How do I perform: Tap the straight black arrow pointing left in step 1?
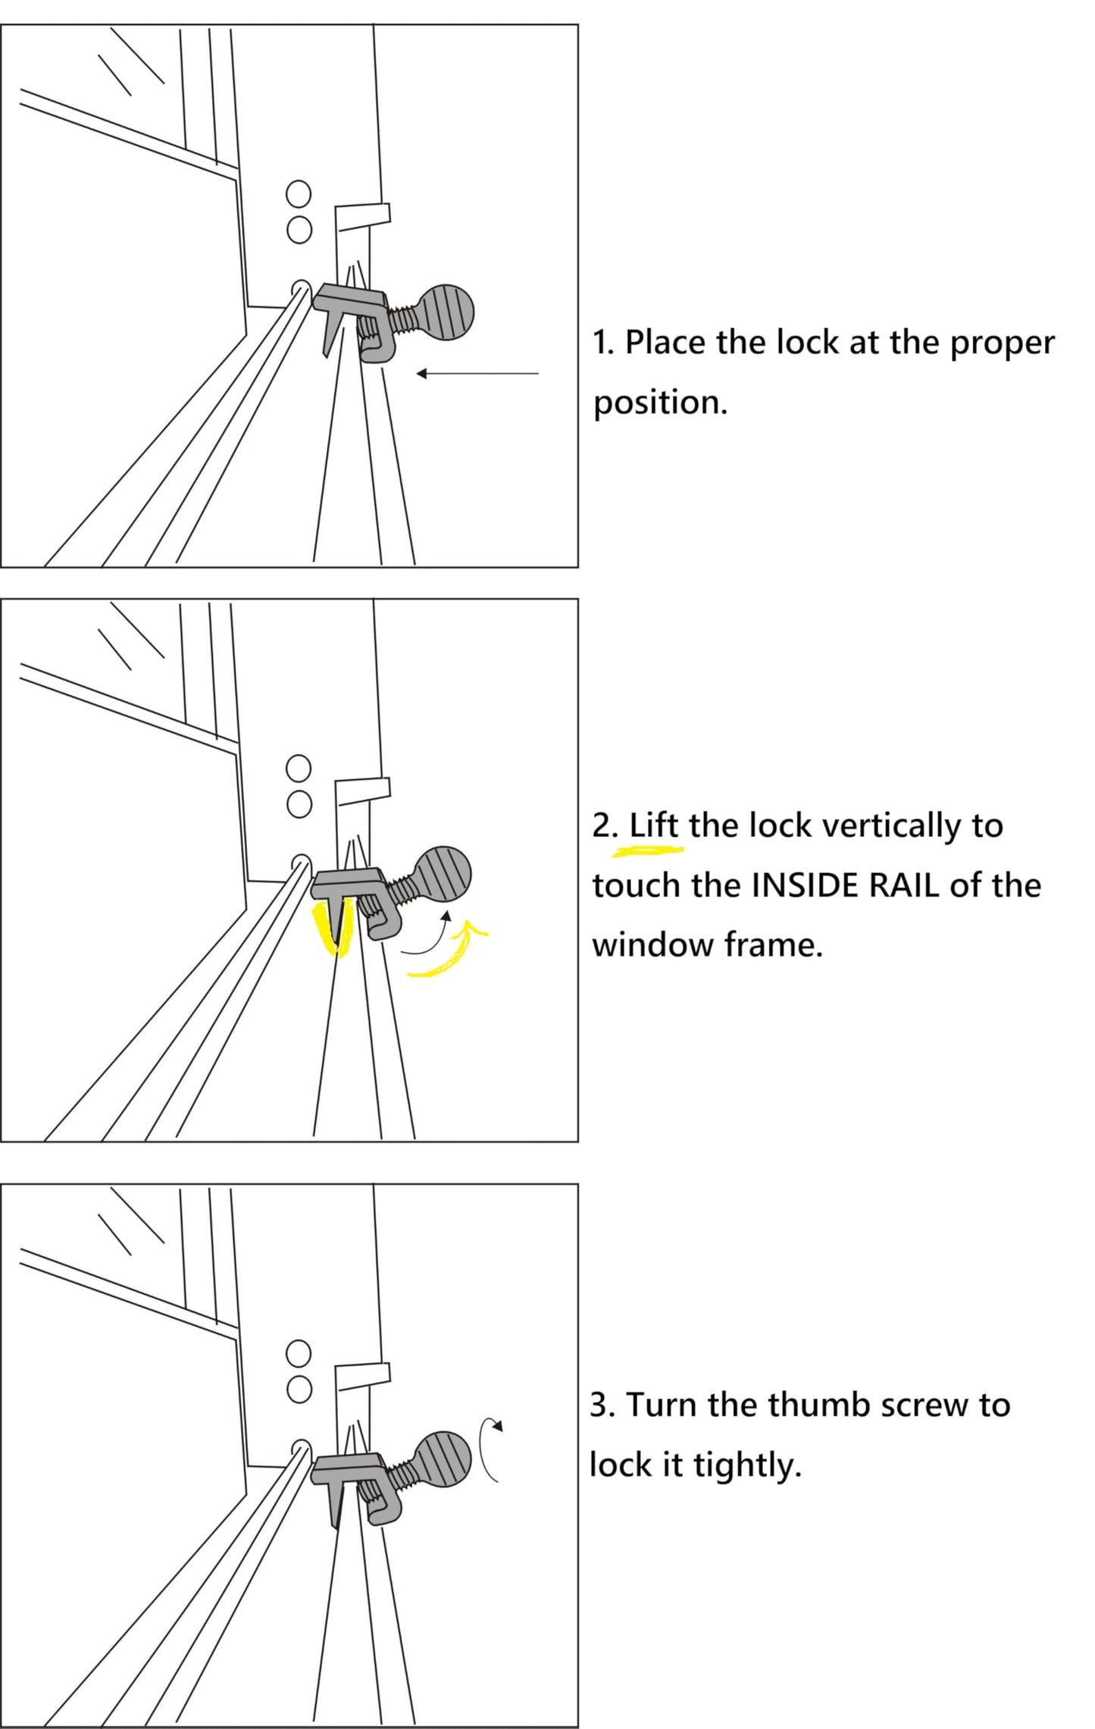coord(477,373)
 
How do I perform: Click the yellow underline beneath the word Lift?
coord(648,850)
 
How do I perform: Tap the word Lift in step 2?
coord(654,825)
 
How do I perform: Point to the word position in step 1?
coord(659,402)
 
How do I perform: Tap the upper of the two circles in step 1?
coord(299,194)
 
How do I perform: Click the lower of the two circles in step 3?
coord(299,1389)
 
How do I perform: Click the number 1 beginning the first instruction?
coord(600,343)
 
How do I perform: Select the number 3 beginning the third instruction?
coord(600,1405)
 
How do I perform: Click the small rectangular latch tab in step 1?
coord(364,215)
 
